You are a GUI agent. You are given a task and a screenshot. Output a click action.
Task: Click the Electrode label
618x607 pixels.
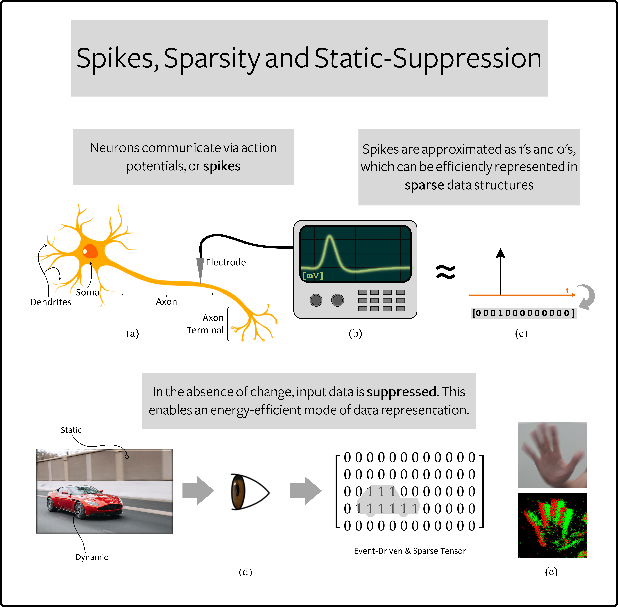click(226, 262)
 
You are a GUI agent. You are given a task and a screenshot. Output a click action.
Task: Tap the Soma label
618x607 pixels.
click(87, 292)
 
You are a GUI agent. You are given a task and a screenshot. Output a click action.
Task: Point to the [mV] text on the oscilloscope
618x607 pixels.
click(313, 275)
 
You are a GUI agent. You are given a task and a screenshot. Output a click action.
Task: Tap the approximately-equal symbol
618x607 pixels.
click(446, 272)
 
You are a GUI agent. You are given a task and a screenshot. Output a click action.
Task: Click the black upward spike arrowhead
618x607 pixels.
click(501, 253)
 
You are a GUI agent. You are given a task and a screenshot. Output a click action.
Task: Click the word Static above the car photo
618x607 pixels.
click(71, 430)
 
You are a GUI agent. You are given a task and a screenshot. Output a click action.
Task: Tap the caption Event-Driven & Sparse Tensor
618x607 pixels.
click(410, 551)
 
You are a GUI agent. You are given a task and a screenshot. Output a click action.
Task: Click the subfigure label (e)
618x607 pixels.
click(551, 572)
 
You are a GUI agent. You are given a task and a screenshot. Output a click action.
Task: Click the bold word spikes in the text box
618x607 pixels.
click(222, 166)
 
